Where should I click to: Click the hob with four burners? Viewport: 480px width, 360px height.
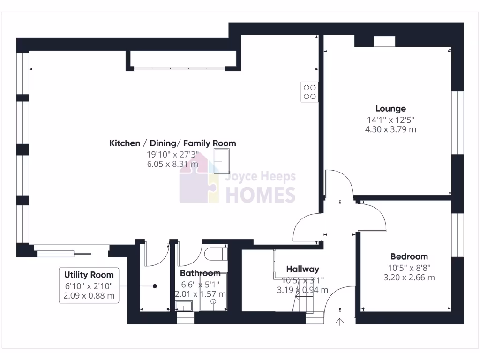[x=309, y=91]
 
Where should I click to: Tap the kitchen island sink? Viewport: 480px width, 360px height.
[x=222, y=161]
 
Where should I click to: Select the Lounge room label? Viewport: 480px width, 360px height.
[x=390, y=109]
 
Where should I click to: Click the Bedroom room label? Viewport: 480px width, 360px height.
[x=409, y=256]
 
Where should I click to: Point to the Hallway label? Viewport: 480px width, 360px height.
[x=302, y=269]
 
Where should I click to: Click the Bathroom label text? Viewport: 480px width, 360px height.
[x=200, y=273]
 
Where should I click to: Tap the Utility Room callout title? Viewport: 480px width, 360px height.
[x=89, y=275]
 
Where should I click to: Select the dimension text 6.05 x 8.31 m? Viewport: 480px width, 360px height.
[x=172, y=164]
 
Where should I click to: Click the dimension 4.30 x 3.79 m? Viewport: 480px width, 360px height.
[x=390, y=129]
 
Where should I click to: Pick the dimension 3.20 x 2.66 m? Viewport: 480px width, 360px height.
[x=409, y=277]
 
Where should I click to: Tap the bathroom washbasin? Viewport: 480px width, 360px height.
[x=184, y=307]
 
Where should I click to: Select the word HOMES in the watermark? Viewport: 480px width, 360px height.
[x=261, y=194]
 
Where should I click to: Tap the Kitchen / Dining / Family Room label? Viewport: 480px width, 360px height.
[x=172, y=143]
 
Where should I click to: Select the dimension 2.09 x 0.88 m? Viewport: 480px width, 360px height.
[x=89, y=296]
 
